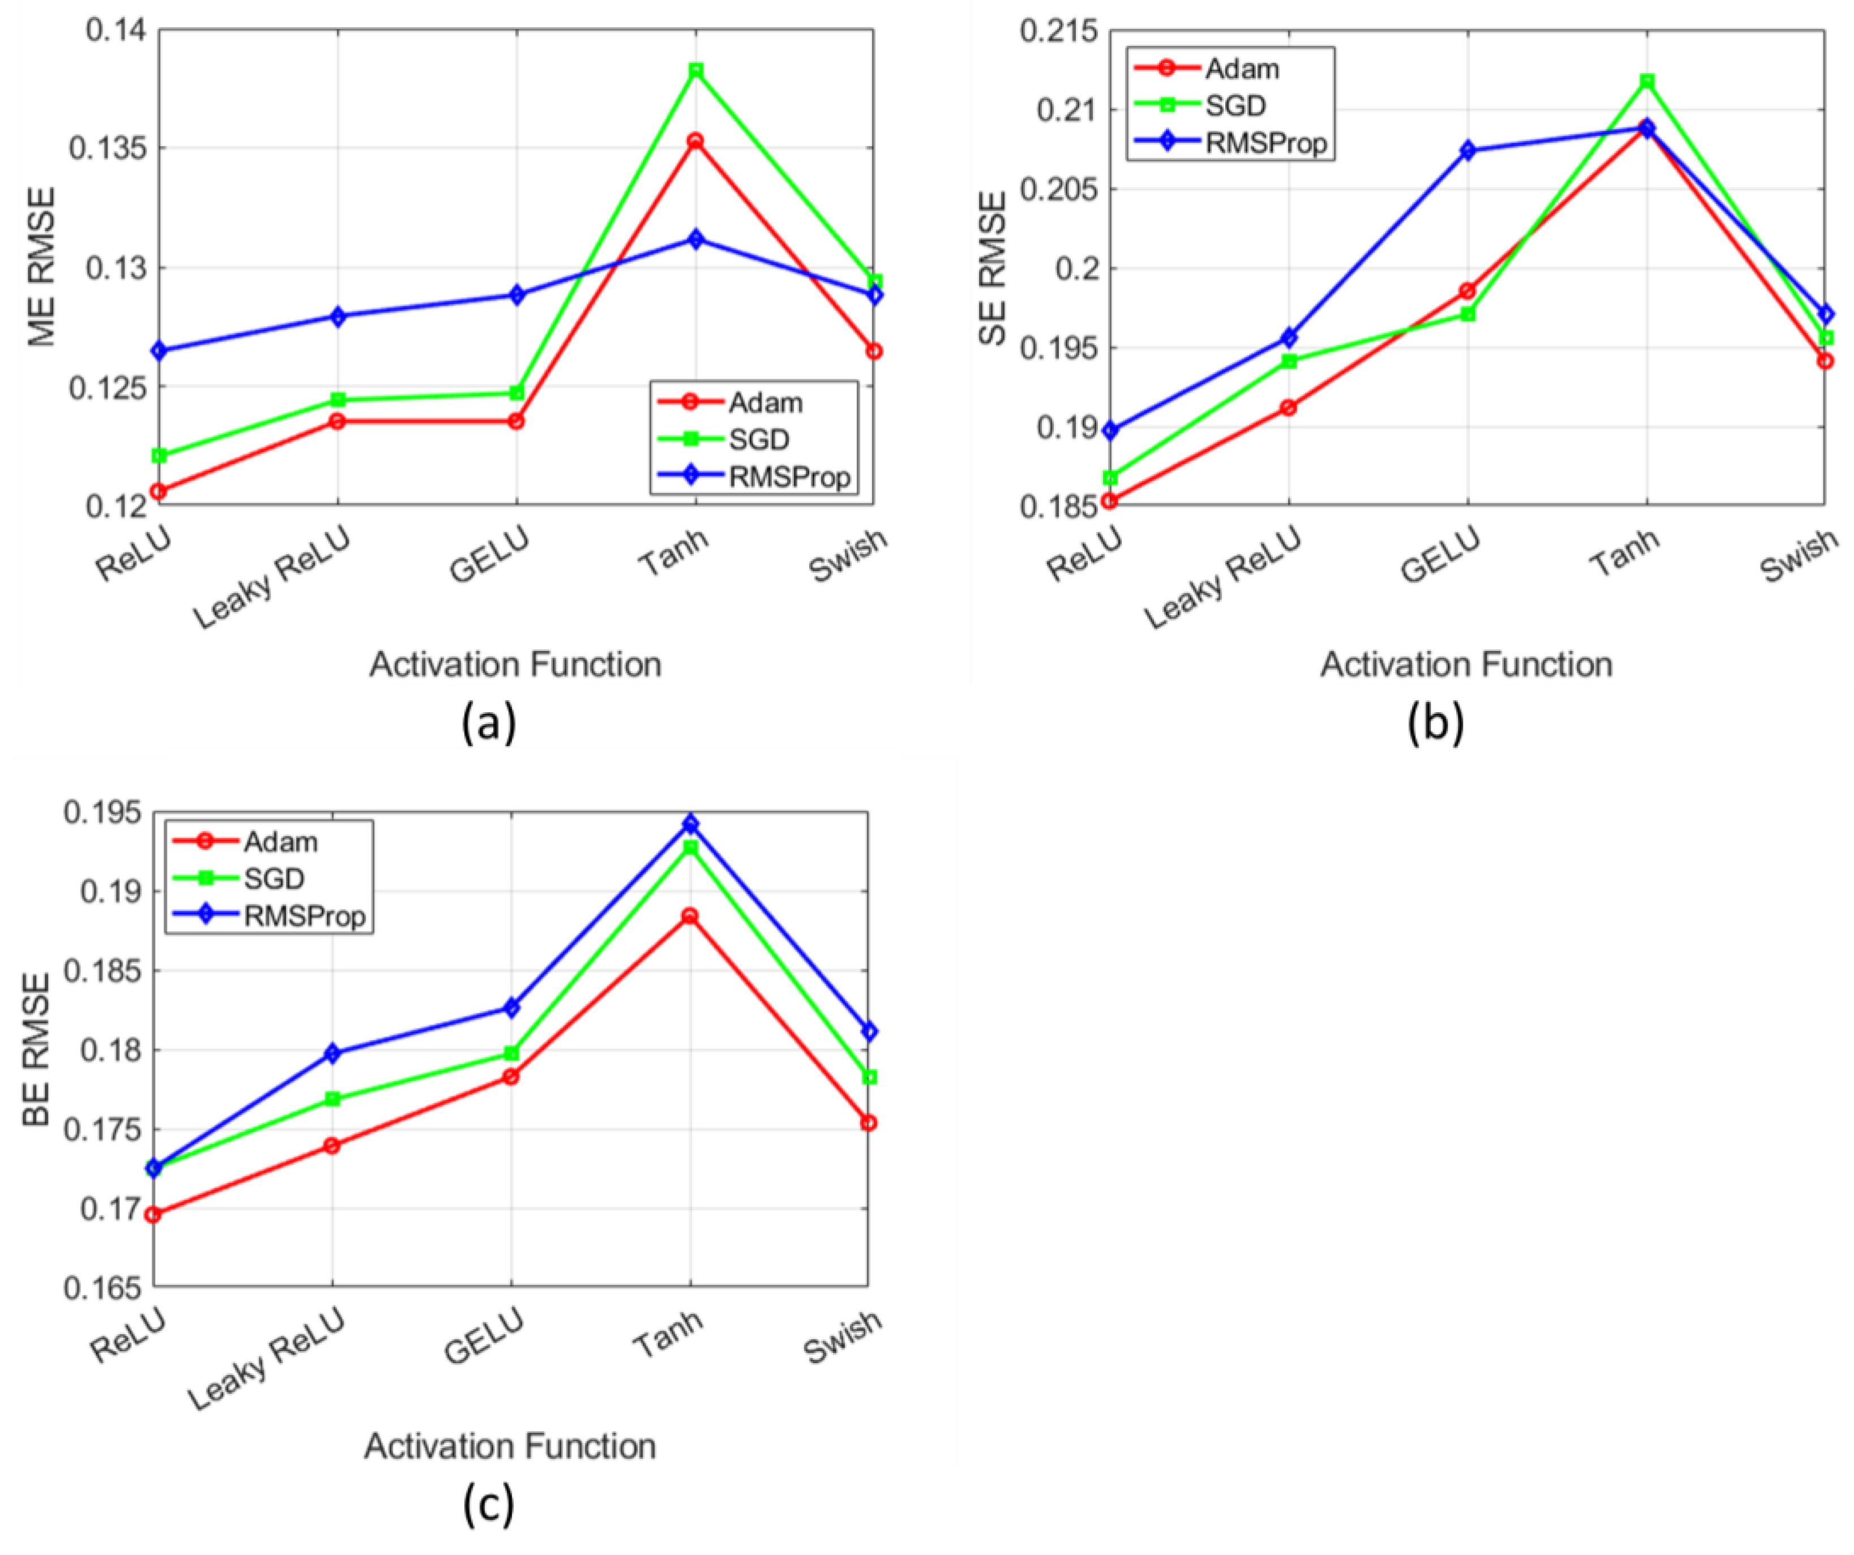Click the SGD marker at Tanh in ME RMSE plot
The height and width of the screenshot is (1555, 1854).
[x=696, y=70]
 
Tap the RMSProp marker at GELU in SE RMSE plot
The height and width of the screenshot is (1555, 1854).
[x=1467, y=150]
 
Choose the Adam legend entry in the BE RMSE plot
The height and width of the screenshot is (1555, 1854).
[x=280, y=842]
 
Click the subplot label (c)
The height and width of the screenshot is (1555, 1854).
[x=487, y=1506]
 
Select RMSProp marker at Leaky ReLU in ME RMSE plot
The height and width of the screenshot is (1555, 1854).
[x=337, y=316]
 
